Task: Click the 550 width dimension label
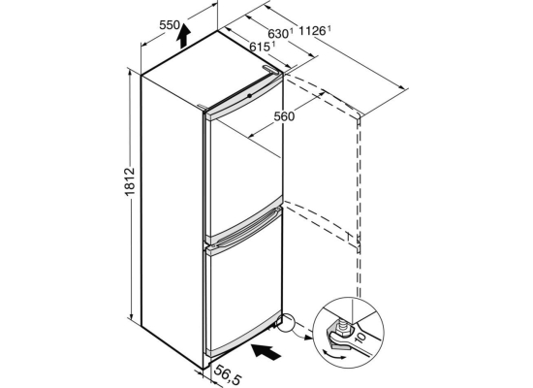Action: pyautogui.click(x=170, y=25)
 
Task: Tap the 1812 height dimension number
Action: pyautogui.click(x=130, y=181)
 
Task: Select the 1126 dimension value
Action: pyautogui.click(x=312, y=31)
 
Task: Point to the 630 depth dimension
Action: pyautogui.click(x=278, y=34)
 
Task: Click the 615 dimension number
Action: pyautogui.click(x=260, y=47)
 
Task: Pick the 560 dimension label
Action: pyautogui.click(x=284, y=116)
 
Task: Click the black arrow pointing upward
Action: pyautogui.click(x=183, y=35)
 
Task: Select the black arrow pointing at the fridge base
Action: pyautogui.click(x=266, y=351)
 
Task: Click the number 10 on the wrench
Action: pyautogui.click(x=361, y=338)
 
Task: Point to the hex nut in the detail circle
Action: pyautogui.click(x=342, y=328)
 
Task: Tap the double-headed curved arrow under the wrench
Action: pyautogui.click(x=334, y=355)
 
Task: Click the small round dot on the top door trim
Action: pyautogui.click(x=250, y=96)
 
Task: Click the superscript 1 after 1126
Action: pyautogui.click(x=329, y=29)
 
